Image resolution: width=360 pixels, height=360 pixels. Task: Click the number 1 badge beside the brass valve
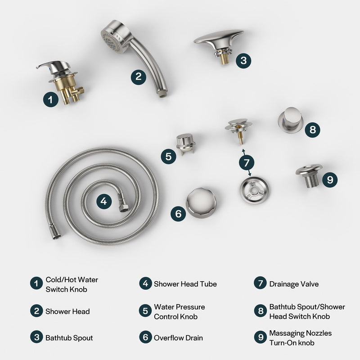[x=51, y=99]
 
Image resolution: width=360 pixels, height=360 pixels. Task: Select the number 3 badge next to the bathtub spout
[x=243, y=61]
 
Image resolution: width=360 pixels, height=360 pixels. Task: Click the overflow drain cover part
[x=201, y=202]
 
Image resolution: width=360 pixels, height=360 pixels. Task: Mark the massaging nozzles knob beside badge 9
[x=309, y=175]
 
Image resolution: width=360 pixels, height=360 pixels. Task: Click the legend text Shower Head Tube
[x=185, y=284]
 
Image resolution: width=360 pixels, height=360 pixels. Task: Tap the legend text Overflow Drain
[x=178, y=337]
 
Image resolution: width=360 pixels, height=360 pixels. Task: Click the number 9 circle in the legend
[x=260, y=337]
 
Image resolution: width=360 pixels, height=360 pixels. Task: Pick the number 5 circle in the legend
[x=144, y=311]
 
